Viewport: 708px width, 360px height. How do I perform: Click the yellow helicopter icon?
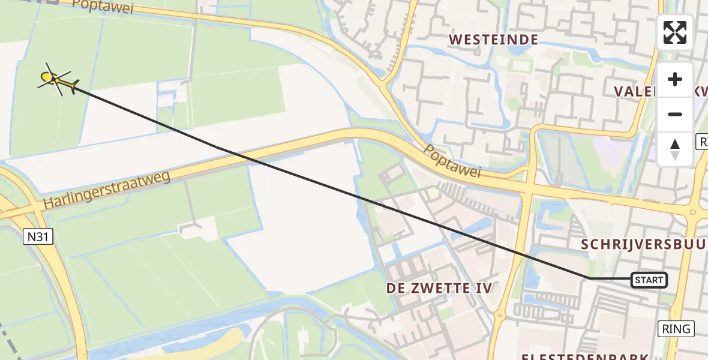pos(56,79)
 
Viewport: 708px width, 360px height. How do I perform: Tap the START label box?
pos(649,280)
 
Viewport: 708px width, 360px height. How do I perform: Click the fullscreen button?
pos(675,32)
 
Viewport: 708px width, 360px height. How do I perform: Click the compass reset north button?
pos(675,149)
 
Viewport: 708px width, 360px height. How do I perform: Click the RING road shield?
pos(676,329)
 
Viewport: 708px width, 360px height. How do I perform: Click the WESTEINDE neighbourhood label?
pos(493,40)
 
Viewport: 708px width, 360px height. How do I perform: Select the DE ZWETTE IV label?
pos(439,288)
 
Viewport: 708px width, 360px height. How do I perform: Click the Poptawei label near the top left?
pos(102,7)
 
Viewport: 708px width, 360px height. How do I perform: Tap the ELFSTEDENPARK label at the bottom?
pos(585,357)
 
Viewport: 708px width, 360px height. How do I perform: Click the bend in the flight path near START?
pos(590,278)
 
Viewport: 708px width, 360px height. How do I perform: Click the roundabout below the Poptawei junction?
pos(499,314)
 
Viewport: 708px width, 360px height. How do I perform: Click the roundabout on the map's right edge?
pos(696,211)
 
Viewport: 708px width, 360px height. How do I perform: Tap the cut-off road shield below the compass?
pos(702,142)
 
